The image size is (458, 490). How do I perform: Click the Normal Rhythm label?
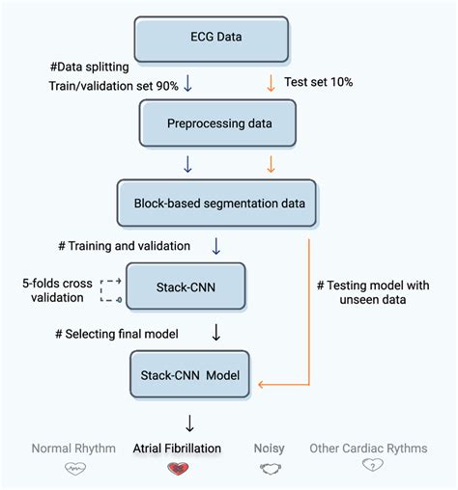tap(73, 448)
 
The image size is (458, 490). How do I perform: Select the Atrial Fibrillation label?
tap(178, 448)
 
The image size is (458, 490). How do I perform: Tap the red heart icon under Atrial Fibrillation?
tap(178, 469)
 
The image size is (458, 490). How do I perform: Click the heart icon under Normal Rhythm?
tap(74, 469)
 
